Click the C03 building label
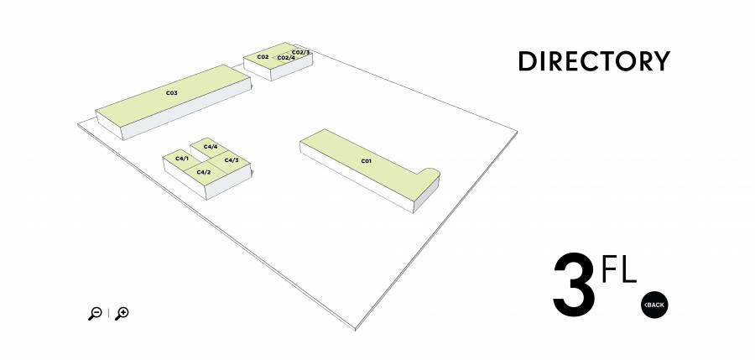coord(172,92)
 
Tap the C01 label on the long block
coord(367,161)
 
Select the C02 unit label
coord(263,57)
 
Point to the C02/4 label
coord(286,58)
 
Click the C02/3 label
coord(300,52)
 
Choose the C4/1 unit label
coord(182,159)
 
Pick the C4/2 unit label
coord(204,172)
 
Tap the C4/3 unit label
coord(232,160)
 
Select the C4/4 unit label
coord(211,147)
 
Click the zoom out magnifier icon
coord(95,313)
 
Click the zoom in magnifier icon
coord(122,313)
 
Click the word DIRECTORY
coord(594,61)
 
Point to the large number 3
coord(574,285)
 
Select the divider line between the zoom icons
coord(108,313)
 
